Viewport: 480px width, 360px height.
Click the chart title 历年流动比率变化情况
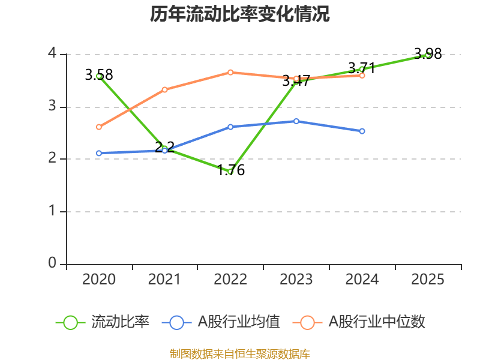240,14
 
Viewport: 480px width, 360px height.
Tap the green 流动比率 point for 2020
99,76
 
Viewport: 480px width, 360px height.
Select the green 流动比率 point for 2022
230,172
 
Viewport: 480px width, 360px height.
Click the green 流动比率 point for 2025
428,55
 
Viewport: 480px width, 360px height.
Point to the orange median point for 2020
99,127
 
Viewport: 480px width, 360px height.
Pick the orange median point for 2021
164,89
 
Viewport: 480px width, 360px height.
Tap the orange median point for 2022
230,72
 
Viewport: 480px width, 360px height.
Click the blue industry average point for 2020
99,153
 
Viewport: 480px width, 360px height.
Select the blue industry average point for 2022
230,127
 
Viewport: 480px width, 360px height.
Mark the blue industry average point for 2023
296,121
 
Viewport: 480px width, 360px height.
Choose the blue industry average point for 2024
362,131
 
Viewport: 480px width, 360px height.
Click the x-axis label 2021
164,280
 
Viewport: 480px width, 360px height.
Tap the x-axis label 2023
296,280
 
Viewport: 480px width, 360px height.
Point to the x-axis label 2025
428,280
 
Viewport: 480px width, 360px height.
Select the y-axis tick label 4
52,54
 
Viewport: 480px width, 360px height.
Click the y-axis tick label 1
52,211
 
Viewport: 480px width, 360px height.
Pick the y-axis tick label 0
52,263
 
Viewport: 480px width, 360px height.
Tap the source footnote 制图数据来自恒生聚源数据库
240,353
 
